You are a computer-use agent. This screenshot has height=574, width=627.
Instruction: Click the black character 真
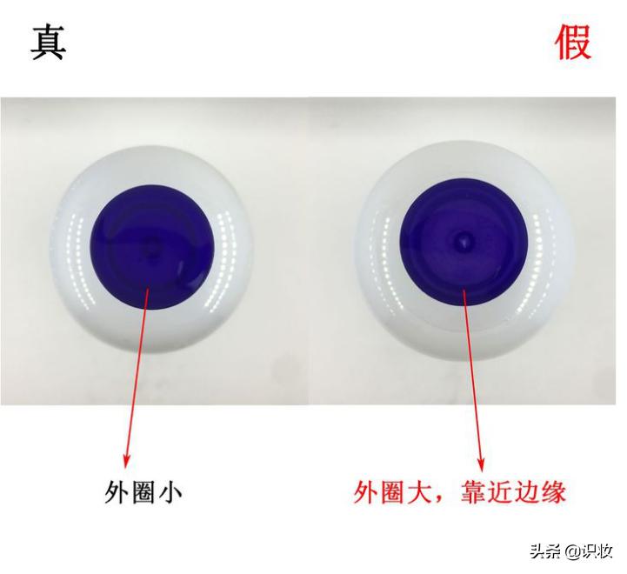(x=49, y=41)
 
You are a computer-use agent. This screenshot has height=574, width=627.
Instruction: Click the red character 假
(x=574, y=41)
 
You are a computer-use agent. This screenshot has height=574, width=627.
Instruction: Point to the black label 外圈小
(x=143, y=493)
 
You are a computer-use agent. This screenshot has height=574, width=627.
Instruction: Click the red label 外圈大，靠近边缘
(x=461, y=492)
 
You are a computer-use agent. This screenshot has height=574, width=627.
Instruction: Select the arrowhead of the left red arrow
(x=129, y=458)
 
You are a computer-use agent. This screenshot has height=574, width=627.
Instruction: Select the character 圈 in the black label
(x=143, y=493)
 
